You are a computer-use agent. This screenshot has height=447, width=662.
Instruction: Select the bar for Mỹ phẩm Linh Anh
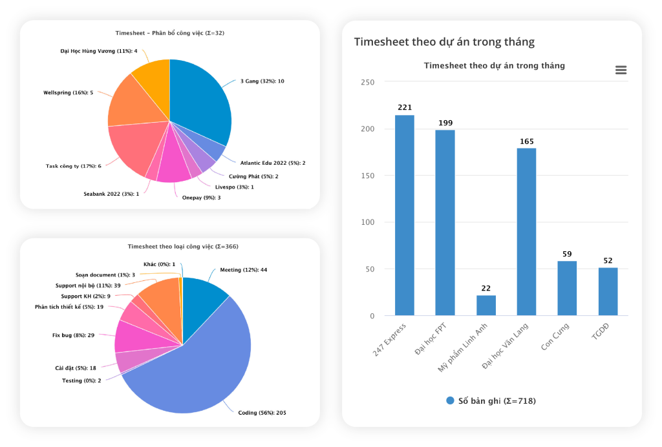pyautogui.click(x=486, y=306)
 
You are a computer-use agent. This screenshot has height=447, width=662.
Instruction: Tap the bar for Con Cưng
pyautogui.click(x=567, y=288)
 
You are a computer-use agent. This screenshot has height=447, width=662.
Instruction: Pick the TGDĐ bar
pyautogui.click(x=608, y=291)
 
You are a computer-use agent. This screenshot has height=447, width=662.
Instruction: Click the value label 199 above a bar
pyautogui.click(x=444, y=123)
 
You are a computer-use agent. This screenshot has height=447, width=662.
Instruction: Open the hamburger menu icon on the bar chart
pyautogui.click(x=621, y=70)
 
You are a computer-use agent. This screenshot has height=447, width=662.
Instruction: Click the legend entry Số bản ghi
pyautogui.click(x=491, y=400)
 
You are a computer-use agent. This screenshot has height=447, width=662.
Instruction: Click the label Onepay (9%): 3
pyautogui.click(x=201, y=198)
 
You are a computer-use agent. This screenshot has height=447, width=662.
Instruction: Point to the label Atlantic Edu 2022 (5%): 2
pyautogui.click(x=272, y=163)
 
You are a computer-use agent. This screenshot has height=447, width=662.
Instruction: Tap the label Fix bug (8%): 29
pyautogui.click(x=73, y=335)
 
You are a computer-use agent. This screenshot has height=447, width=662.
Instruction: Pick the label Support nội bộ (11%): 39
pyautogui.click(x=88, y=285)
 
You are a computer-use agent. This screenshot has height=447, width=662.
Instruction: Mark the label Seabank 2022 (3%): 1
pyautogui.click(x=111, y=194)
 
